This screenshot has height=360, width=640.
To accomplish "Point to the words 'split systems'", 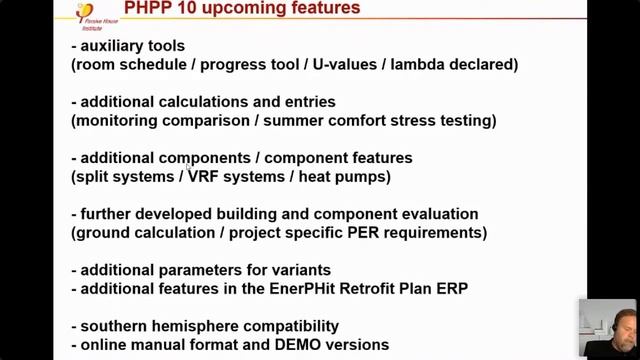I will pos(126,177).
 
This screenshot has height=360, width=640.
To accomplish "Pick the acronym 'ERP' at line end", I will pos(449,289).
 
